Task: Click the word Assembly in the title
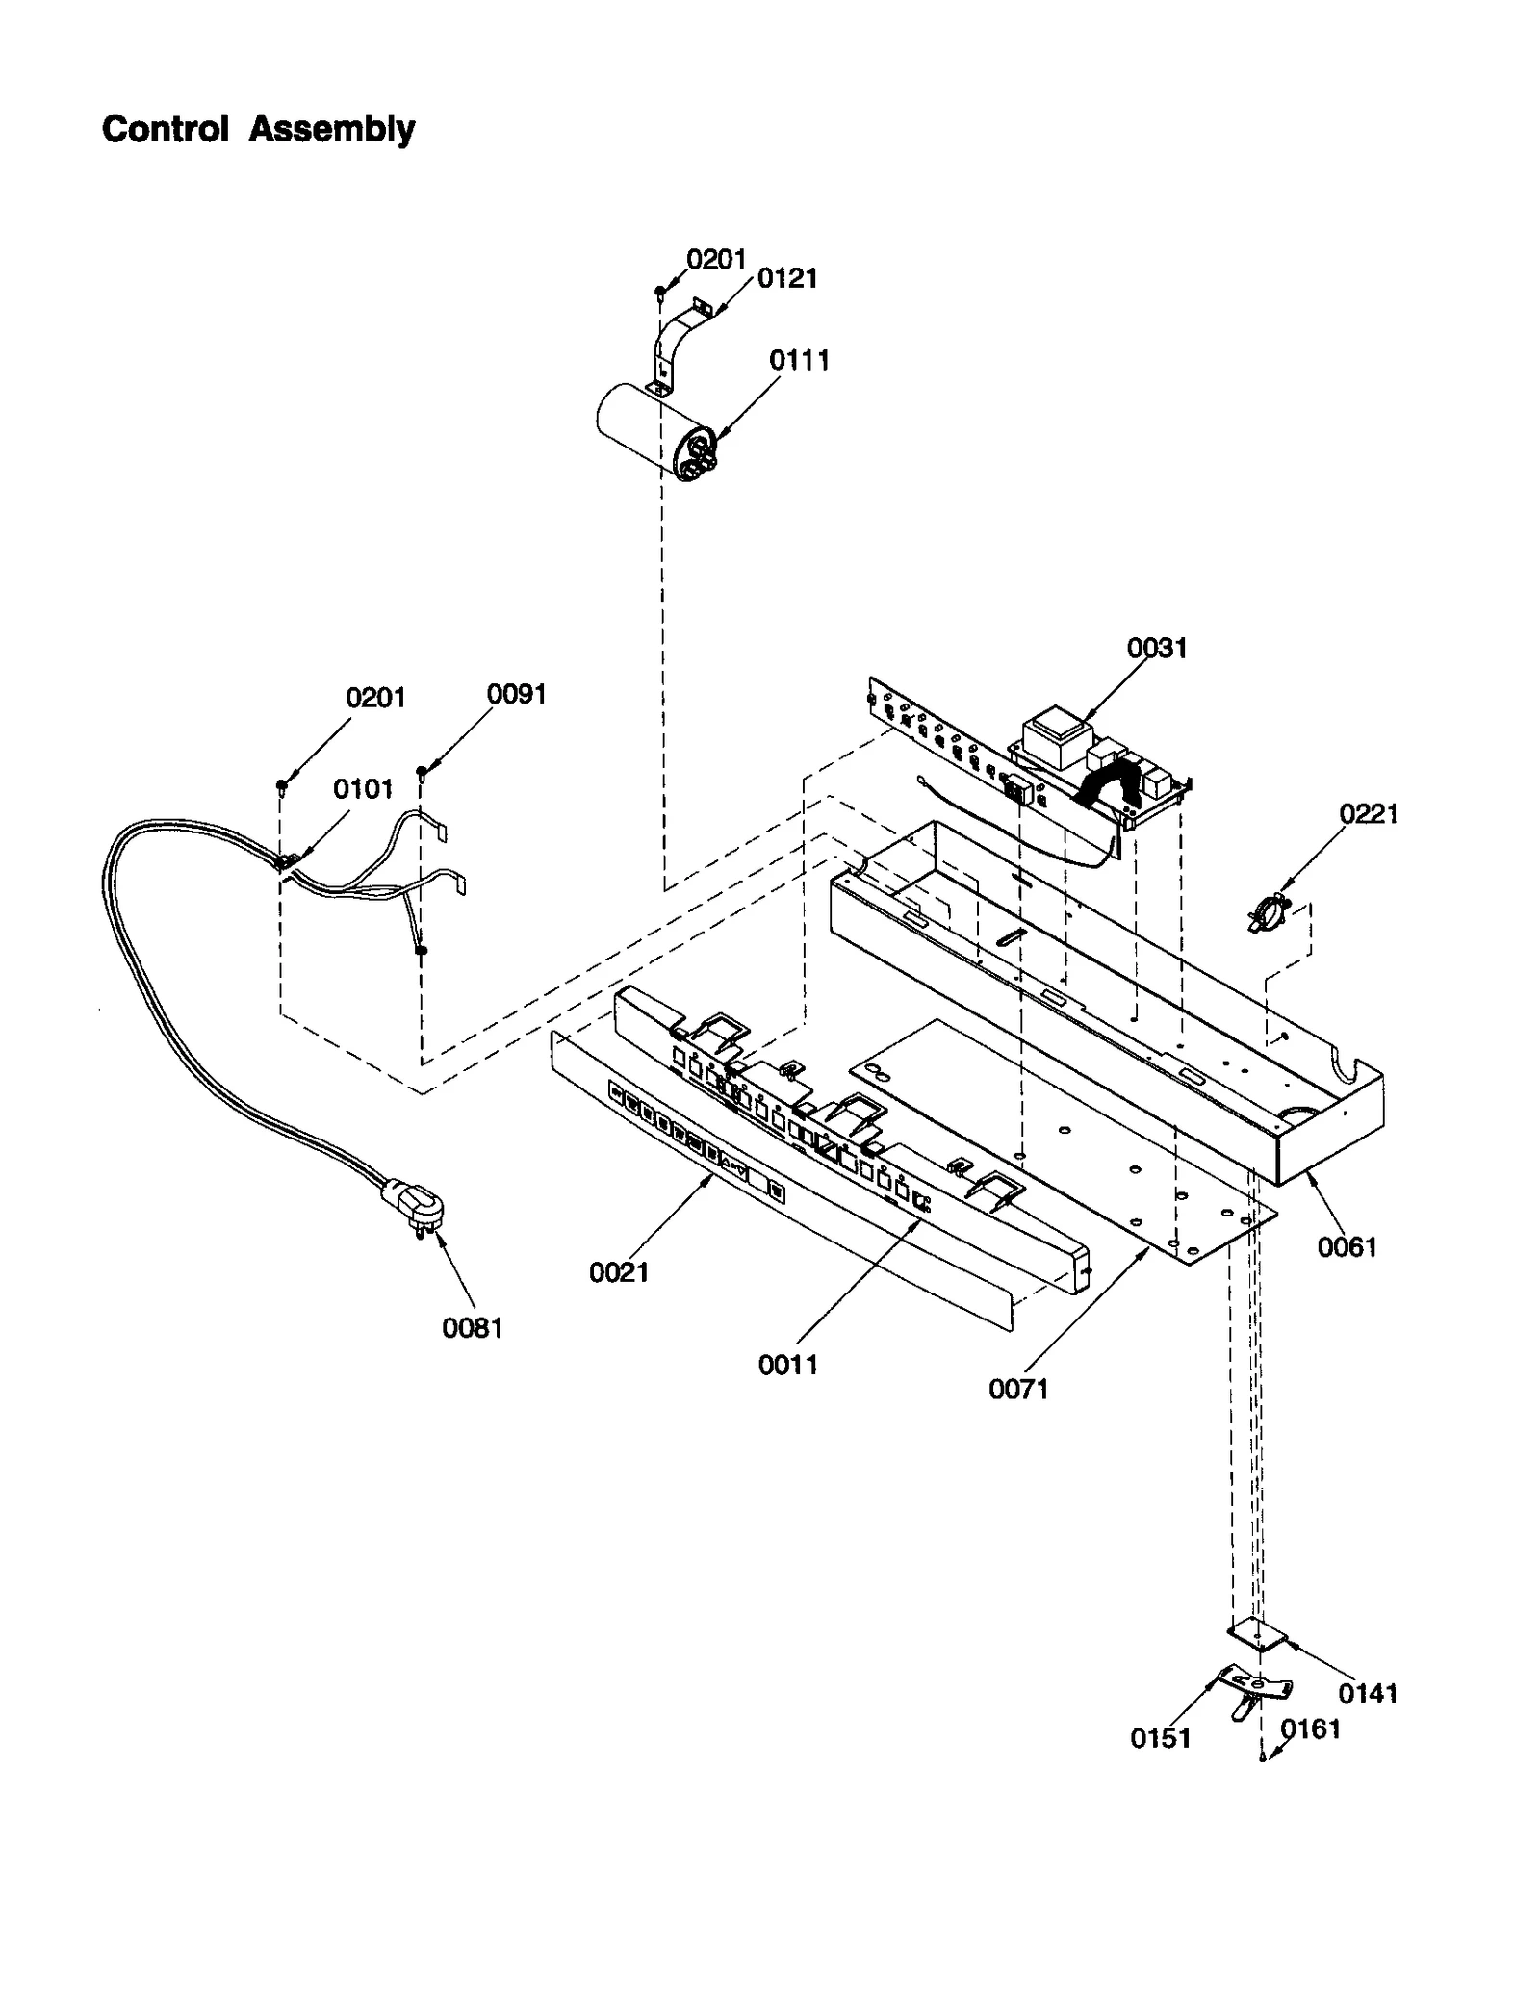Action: [331, 129]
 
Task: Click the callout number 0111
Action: [798, 360]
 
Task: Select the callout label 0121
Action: [786, 278]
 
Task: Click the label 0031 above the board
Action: [1156, 648]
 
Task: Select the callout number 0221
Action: [1368, 814]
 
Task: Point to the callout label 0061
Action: [1347, 1247]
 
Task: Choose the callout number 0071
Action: [1017, 1389]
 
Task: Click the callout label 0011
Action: [786, 1364]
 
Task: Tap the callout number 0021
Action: [618, 1272]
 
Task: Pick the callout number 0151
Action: [1160, 1737]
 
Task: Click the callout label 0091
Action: [516, 694]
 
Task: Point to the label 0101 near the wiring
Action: [363, 789]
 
